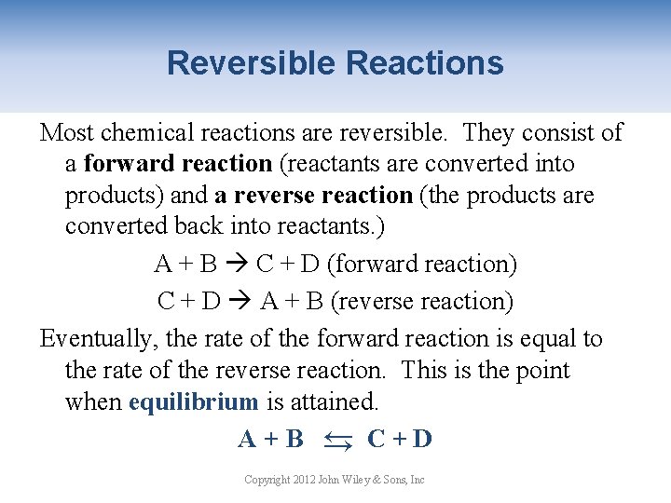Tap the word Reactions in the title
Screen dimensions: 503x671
tap(424, 63)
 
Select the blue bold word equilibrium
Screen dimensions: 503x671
tap(194, 402)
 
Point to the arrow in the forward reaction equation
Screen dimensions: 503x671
tap(237, 265)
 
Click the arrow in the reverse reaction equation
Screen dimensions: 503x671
tap(240, 302)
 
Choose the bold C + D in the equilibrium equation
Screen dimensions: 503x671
tap(400, 439)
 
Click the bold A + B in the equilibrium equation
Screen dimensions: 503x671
tap(271, 439)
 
